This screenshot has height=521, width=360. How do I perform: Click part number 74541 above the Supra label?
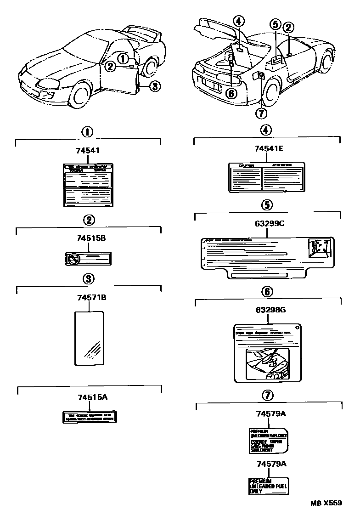(x=87, y=150)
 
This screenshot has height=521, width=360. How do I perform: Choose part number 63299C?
(x=268, y=225)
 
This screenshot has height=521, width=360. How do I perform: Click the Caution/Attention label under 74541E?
(x=266, y=176)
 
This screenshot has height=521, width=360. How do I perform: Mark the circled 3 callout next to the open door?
(x=155, y=86)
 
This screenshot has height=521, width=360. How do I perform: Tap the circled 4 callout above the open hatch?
(x=238, y=21)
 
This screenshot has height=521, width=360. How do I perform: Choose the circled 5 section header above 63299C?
(x=268, y=204)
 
